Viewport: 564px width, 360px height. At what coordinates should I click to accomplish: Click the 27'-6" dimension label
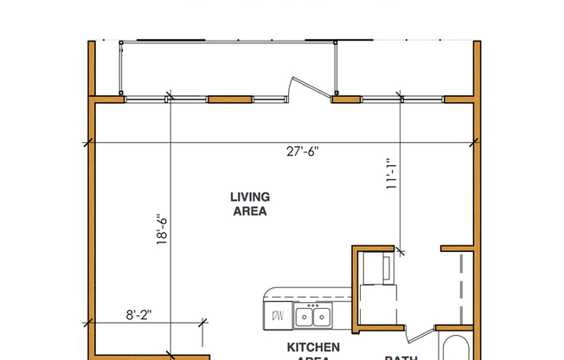[304, 151]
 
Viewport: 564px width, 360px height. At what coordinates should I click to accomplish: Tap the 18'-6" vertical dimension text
[160, 230]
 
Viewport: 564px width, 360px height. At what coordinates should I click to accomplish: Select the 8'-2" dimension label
[138, 316]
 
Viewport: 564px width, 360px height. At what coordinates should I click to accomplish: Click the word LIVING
[249, 197]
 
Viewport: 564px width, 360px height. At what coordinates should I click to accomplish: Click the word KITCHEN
[308, 347]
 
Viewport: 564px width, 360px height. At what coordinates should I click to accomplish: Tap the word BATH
[401, 357]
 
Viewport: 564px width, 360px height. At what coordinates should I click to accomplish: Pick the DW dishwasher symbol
[279, 316]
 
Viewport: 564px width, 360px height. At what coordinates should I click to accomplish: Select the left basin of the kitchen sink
[305, 318]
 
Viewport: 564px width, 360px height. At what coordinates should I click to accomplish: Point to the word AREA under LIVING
[249, 211]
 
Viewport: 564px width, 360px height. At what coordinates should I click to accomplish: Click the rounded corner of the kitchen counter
[270, 294]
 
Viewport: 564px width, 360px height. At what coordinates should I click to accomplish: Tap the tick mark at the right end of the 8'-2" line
[203, 323]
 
